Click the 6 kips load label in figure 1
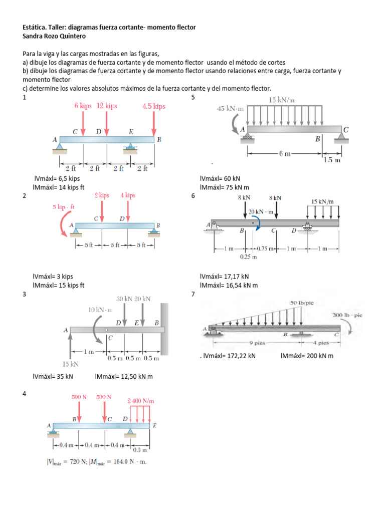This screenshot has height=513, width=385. point(82,106)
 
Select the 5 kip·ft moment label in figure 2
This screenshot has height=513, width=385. point(64,206)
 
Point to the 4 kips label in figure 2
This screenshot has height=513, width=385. point(128,195)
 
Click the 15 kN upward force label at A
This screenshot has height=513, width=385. point(70,364)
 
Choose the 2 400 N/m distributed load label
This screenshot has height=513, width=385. point(141,401)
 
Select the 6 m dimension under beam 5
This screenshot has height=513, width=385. point(285,154)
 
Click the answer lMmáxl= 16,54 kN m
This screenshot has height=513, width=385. point(229,285)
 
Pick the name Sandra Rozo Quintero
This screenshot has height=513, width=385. point(55,36)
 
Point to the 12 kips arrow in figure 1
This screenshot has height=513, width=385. point(106,123)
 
